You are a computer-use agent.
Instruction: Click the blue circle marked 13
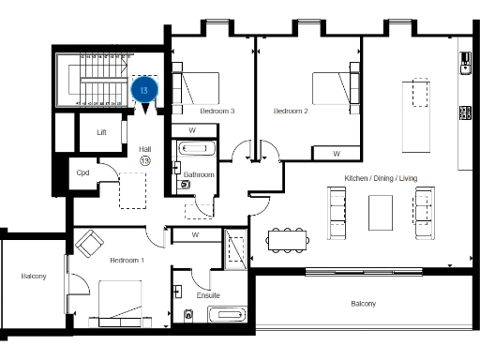click(145, 89)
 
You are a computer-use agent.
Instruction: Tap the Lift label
click(102, 132)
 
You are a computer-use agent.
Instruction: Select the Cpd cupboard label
click(82, 172)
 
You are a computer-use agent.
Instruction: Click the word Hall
click(144, 149)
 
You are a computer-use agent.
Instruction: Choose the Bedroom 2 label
click(291, 111)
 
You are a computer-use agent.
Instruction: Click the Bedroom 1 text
click(127, 259)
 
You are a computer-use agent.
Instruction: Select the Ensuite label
click(209, 295)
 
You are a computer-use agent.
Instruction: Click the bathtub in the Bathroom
click(198, 149)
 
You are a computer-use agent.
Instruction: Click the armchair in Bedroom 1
click(91, 244)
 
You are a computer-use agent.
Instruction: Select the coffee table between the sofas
click(382, 212)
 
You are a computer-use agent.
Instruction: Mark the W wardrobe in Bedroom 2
click(337, 152)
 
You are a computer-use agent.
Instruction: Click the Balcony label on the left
click(34, 277)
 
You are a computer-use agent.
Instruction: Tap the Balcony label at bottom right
click(363, 303)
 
